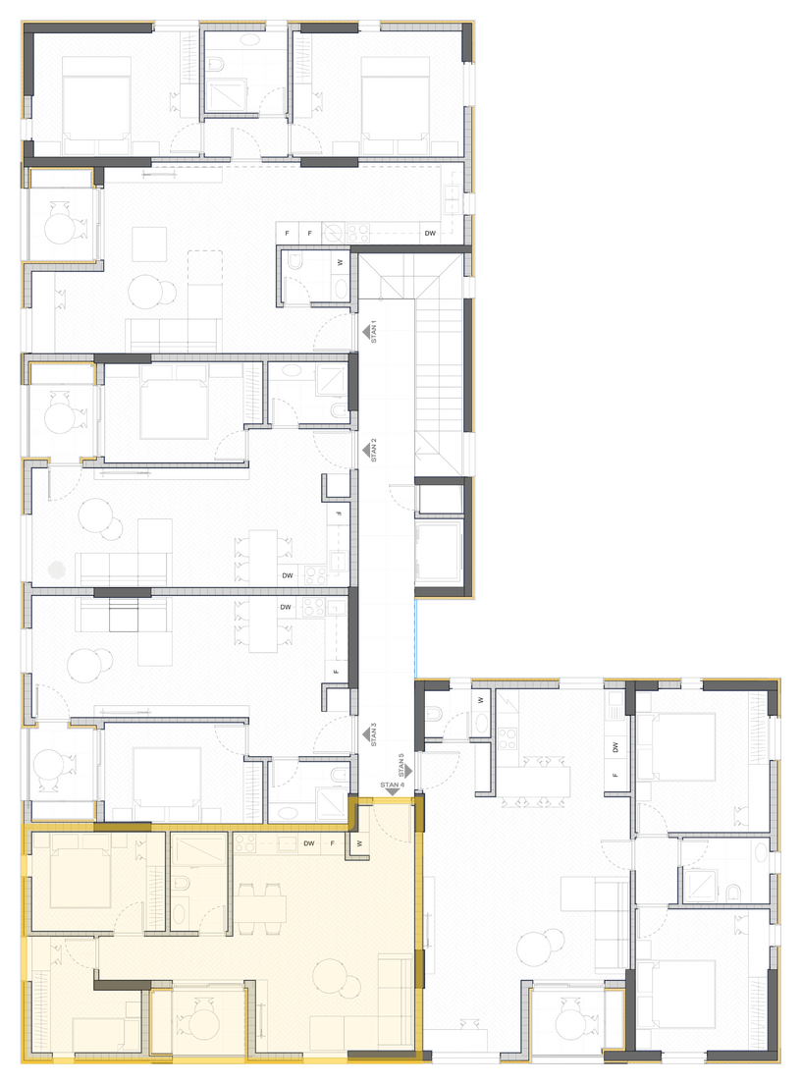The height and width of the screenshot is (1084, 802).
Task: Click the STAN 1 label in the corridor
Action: pyautogui.click(x=374, y=332)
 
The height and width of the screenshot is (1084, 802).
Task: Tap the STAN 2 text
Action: pyautogui.click(x=374, y=450)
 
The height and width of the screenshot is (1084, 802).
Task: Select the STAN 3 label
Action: pyautogui.click(x=374, y=734)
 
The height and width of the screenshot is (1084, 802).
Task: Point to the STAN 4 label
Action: pyautogui.click(x=392, y=785)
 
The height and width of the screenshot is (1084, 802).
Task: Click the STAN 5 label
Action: pyautogui.click(x=401, y=765)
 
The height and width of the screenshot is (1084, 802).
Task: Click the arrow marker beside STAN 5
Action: pyautogui.click(x=408, y=770)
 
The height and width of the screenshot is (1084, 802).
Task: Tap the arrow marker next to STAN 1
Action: pyautogui.click(x=366, y=333)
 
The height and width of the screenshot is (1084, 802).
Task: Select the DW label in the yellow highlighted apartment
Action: pyautogui.click(x=309, y=843)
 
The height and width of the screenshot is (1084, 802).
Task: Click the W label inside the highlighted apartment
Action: pyautogui.click(x=359, y=843)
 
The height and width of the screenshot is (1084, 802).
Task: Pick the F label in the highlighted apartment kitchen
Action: pyautogui.click(x=333, y=843)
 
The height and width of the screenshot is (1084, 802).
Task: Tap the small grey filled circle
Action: pyautogui.click(x=57, y=569)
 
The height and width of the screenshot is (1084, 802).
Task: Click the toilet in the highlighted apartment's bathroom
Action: pyautogui.click(x=182, y=883)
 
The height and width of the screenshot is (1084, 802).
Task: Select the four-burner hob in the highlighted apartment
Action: pyautogui.click(x=244, y=843)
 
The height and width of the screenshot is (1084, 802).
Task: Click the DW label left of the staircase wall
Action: pyautogui.click(x=430, y=233)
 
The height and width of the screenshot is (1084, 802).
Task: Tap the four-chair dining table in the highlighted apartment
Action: pyautogui.click(x=261, y=907)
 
